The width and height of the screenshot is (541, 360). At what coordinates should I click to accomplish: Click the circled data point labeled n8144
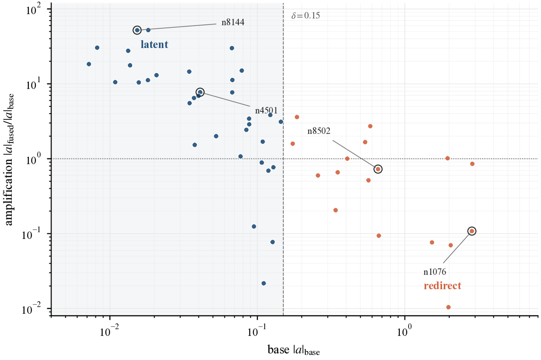click(137, 30)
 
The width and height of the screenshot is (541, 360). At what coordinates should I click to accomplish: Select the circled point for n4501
click(200, 93)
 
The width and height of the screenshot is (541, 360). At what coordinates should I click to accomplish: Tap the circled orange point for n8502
click(378, 169)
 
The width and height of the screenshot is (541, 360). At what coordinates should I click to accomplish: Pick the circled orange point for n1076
click(472, 231)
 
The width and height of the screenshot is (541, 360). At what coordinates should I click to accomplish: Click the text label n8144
click(233, 22)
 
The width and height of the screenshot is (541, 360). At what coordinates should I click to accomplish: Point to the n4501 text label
click(266, 111)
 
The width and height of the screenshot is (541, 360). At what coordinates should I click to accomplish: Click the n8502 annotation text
click(319, 131)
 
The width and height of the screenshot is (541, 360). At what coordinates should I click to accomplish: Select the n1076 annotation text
click(435, 272)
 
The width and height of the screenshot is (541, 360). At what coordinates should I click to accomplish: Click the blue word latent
click(154, 45)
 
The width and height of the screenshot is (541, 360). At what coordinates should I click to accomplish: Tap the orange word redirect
click(442, 286)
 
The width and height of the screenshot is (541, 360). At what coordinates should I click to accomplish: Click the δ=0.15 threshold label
click(306, 16)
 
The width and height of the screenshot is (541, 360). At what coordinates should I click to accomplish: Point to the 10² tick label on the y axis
click(34, 9)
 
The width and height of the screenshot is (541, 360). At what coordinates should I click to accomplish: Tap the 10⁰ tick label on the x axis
click(405, 331)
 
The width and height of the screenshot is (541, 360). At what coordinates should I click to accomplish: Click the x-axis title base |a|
click(293, 350)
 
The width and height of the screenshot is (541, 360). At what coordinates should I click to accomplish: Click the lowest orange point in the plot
click(448, 307)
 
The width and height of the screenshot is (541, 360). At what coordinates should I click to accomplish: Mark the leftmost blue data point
click(89, 64)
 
